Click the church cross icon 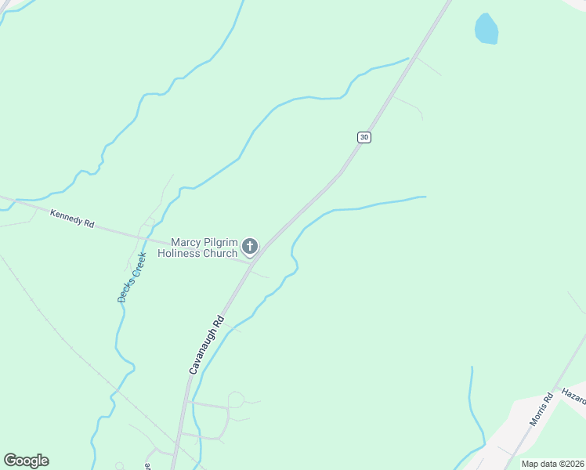pyautogui.click(x=250, y=248)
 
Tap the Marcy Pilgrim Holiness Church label pyautogui.click(x=197, y=248)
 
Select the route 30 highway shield pyautogui.click(x=364, y=137)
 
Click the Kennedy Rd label pyautogui.click(x=72, y=219)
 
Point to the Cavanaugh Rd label pyautogui.click(x=207, y=343)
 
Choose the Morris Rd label pyautogui.click(x=541, y=409)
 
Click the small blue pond pyautogui.click(x=487, y=30)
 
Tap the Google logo pyautogui.click(x=26, y=461)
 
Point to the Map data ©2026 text pyautogui.click(x=552, y=464)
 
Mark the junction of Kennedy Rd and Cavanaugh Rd pyautogui.click(x=252, y=262)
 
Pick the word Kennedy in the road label pyautogui.click(x=67, y=217)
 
